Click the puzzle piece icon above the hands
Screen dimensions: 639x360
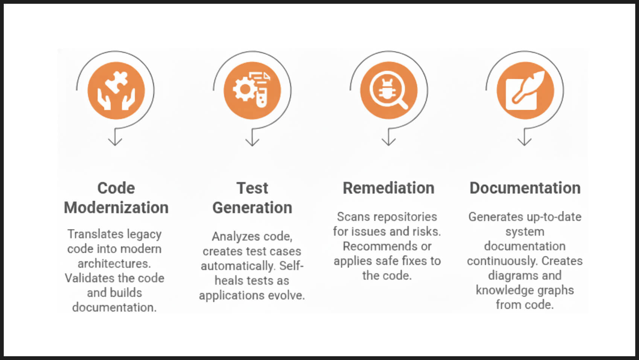[116, 81]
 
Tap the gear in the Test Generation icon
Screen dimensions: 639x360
[244, 89]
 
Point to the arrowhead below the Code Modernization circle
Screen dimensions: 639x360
[115, 141]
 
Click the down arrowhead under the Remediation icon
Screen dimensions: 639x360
[388, 141]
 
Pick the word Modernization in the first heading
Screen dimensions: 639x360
[116, 207]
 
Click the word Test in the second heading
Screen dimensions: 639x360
[252, 188]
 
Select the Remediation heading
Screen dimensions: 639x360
[388, 188]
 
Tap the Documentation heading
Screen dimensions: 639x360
[525, 188]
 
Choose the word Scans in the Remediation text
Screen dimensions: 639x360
[354, 217]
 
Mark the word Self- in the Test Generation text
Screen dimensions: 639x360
[291, 266]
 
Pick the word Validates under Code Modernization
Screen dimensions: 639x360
[91, 278]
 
